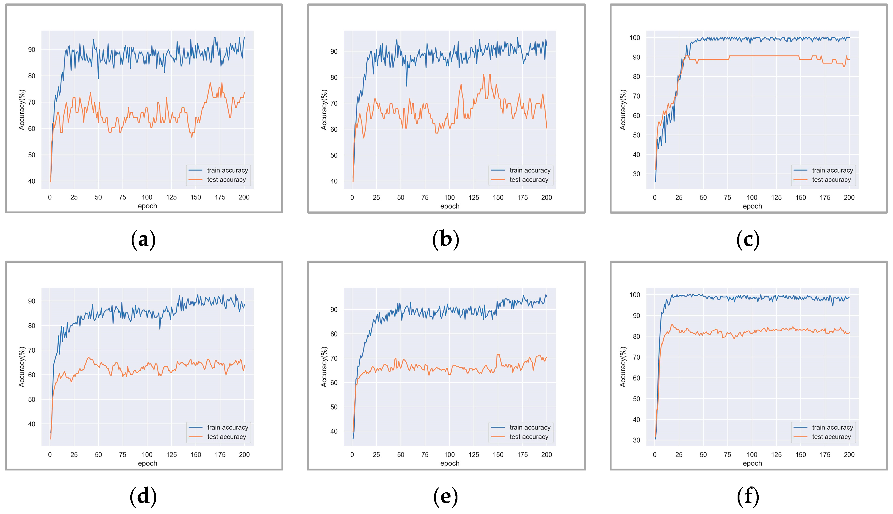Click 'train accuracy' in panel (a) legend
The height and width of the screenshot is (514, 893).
(227, 170)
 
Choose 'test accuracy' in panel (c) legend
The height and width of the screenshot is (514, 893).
(831, 180)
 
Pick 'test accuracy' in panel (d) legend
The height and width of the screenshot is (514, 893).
(227, 437)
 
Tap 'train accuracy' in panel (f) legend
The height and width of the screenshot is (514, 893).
(832, 427)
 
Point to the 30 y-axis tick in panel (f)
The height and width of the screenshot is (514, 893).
(636, 440)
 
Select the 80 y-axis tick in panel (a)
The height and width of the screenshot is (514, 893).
(32, 76)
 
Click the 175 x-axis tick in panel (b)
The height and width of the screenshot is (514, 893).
(522, 198)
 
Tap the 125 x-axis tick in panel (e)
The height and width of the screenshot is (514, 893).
(474, 455)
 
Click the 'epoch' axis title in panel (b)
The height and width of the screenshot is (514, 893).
(450, 206)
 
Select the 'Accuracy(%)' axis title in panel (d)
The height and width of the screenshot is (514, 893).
(22, 367)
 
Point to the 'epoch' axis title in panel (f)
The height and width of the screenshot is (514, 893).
(752, 463)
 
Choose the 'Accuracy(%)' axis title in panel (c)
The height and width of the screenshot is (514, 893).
(623, 110)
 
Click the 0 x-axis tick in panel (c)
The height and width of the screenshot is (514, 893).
(655, 198)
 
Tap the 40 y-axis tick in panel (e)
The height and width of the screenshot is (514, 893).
(334, 431)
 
